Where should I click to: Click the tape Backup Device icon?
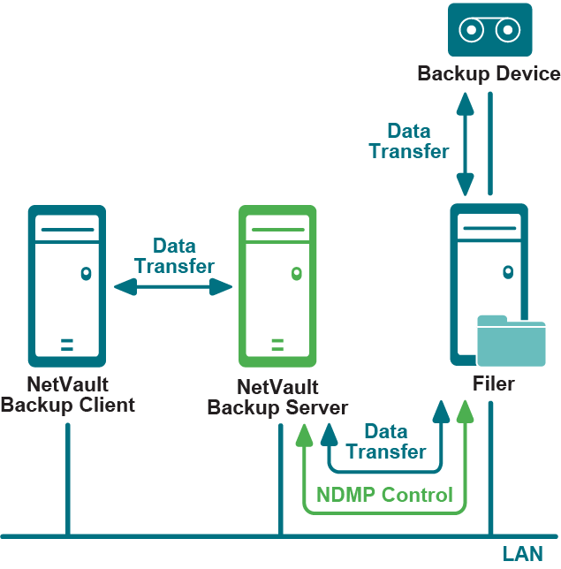click(x=489, y=31)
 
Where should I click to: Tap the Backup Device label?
click(x=489, y=73)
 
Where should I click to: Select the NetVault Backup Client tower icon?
click(x=67, y=285)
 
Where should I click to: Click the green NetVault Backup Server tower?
click(x=277, y=285)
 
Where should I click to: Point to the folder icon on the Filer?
click(x=511, y=340)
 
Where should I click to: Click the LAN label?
click(x=522, y=554)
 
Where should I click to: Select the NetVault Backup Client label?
click(x=67, y=395)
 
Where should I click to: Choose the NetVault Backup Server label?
click(x=277, y=398)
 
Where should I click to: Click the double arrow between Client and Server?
click(x=173, y=285)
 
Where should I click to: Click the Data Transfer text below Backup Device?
click(x=409, y=141)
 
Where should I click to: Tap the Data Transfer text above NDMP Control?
click(x=386, y=442)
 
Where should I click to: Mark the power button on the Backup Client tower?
click(x=86, y=273)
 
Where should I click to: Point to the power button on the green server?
click(x=296, y=273)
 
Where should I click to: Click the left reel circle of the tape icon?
click(x=473, y=30)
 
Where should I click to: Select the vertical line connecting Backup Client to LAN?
click(x=67, y=477)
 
